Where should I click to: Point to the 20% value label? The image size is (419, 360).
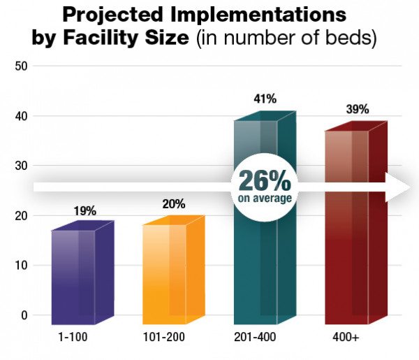(x=174, y=204)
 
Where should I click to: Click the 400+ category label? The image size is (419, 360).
(x=347, y=337)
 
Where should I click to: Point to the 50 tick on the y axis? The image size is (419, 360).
(x=20, y=66)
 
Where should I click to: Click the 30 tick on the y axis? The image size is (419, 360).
(x=20, y=166)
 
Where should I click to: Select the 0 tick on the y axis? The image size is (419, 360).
(x=23, y=315)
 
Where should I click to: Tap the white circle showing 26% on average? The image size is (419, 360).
(x=265, y=186)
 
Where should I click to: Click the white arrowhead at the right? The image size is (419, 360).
(x=402, y=187)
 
